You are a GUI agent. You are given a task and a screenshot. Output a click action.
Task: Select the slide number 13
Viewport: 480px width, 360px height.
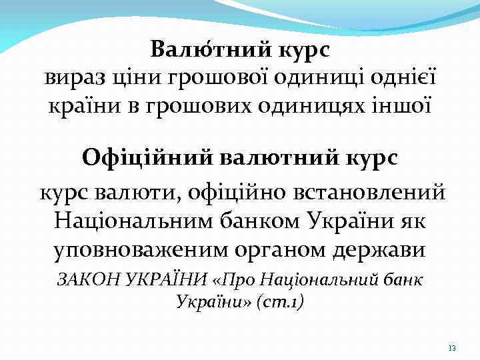[x=451, y=349]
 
